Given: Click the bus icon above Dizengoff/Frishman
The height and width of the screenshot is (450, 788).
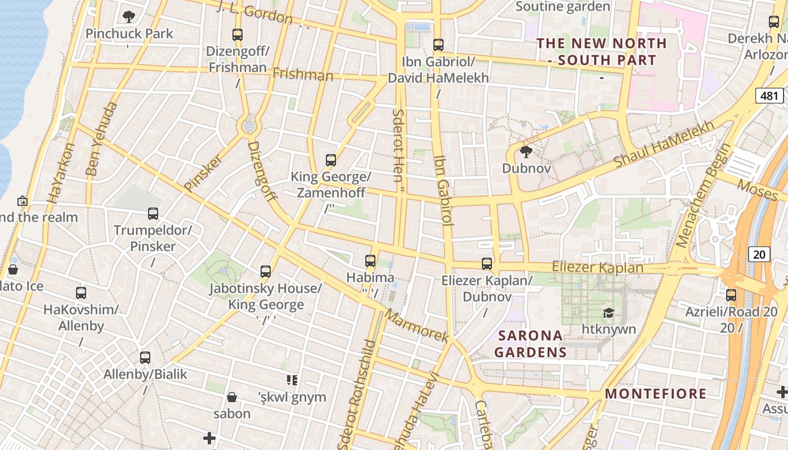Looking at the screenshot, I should (x=238, y=34).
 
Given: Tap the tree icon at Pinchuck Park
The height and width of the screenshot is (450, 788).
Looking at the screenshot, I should (x=129, y=17).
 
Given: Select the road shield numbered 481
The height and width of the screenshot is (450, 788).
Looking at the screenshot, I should (x=769, y=96).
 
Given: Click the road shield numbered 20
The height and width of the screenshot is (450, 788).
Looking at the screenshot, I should (x=759, y=254).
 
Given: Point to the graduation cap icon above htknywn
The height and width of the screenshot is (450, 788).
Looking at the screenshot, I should (x=608, y=313).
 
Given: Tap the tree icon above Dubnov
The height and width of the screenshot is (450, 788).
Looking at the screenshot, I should (x=526, y=151).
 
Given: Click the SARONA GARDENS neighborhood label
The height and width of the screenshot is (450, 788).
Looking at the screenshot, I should (x=531, y=344).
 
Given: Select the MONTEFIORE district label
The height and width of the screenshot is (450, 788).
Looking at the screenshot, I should (x=656, y=393).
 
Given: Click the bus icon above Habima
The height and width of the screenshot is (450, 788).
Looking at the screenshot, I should (x=370, y=261).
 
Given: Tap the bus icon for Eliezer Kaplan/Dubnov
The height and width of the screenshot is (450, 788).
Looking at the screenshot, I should (x=487, y=264).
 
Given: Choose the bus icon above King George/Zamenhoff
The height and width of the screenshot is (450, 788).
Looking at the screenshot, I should (x=331, y=160).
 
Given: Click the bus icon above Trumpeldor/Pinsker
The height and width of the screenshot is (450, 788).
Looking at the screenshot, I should (x=153, y=214).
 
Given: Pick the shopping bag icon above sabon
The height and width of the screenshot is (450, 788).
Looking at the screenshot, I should (x=231, y=398).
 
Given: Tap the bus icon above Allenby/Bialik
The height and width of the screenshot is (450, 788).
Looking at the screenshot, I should (x=145, y=358).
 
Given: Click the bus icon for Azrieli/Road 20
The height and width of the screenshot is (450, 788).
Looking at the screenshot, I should (x=731, y=295).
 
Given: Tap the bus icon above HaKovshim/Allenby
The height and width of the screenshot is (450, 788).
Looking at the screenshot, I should (x=81, y=293).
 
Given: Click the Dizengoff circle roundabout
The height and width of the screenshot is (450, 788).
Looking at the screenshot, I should (x=248, y=126).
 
